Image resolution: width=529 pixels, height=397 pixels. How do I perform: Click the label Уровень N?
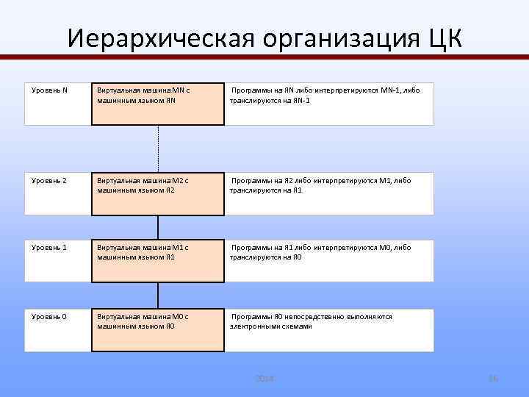[49, 90]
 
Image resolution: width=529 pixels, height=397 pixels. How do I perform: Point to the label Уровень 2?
[49, 181]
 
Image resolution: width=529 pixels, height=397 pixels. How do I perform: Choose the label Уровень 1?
[49, 248]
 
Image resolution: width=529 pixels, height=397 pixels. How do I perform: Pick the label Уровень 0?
[49, 317]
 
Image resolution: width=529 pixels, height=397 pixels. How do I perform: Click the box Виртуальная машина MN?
[157, 104]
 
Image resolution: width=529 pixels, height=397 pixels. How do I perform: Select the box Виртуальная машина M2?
[157, 194]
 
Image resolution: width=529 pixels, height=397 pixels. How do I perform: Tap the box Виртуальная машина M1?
[157, 261]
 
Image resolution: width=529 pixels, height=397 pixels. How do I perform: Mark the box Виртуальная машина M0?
[157, 330]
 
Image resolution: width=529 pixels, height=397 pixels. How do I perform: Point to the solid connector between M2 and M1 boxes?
[157, 228]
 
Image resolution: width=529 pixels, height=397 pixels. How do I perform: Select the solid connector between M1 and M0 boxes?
[157, 296]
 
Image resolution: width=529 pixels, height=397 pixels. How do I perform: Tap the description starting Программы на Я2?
[320, 185]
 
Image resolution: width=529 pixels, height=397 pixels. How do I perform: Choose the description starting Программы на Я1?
[320, 252]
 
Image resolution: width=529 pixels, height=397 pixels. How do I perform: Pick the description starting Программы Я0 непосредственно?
[312, 321]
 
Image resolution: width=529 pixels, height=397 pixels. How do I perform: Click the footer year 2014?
[264, 378]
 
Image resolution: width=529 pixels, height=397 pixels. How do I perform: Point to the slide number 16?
[493, 378]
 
